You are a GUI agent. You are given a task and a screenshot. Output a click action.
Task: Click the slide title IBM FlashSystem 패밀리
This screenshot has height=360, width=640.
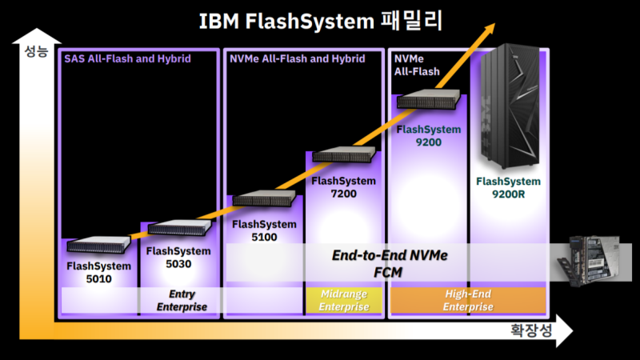(x=320, y=20)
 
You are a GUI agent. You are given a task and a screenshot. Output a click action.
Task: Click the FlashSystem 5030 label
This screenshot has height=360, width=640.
(x=179, y=257)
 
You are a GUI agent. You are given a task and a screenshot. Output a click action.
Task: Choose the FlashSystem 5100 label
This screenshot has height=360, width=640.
(x=264, y=230)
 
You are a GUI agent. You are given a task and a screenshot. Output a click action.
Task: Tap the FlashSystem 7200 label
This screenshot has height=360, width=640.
(x=343, y=187)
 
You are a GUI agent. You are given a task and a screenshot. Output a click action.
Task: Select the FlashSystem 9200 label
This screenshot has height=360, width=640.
(x=429, y=135)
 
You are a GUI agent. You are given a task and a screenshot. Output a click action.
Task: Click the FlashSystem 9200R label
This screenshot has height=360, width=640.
(x=508, y=187)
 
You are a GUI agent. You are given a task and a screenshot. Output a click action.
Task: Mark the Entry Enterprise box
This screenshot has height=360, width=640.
(x=182, y=301)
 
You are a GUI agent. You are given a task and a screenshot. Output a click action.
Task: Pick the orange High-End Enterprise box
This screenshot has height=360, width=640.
(x=468, y=301)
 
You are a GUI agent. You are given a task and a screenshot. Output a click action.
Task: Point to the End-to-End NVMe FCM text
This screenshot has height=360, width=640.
(x=390, y=263)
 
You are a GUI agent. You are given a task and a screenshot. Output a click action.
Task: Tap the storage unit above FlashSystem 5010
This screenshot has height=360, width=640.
(x=98, y=245)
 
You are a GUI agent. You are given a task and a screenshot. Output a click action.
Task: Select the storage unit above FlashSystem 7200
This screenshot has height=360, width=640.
(x=343, y=154)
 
